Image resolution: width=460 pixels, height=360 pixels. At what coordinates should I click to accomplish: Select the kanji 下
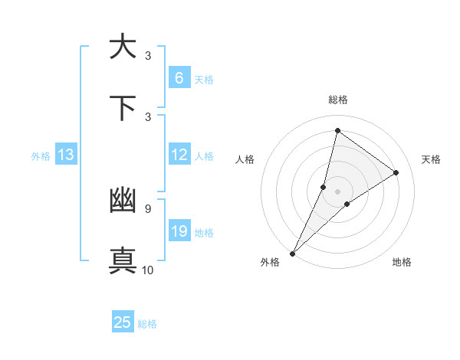coord(123,108)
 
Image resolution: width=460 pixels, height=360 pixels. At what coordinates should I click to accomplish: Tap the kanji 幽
coord(123,201)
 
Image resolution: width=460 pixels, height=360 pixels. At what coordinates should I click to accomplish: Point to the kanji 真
coord(123,260)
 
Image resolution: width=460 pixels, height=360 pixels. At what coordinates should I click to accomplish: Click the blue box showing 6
coord(179,77)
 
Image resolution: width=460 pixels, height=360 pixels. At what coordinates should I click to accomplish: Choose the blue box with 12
coord(179,155)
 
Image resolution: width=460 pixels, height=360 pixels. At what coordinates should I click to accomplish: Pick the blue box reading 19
coord(179,231)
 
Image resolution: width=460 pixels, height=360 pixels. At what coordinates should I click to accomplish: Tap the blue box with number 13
coord(66,155)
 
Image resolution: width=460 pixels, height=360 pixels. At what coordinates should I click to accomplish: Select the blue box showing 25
coord(123,322)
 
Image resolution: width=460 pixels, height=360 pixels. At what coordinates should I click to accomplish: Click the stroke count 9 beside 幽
coord(148,208)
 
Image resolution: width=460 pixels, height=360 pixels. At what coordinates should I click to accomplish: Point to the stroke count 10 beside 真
coord(148,270)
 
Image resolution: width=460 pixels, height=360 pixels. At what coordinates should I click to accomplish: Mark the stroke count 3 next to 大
coord(148,55)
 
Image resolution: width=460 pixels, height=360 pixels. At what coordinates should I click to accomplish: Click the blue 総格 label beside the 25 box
coord(147,324)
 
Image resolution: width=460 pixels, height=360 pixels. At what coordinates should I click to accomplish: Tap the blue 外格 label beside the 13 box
coord(41,156)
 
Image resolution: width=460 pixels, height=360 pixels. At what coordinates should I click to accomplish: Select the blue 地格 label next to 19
coord(204,233)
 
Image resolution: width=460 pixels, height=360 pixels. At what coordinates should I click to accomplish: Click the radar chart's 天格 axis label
coord(431,159)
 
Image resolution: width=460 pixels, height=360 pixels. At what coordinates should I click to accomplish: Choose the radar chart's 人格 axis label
coord(245,159)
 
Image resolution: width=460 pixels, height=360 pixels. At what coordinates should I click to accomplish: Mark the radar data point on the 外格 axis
coord(292,253)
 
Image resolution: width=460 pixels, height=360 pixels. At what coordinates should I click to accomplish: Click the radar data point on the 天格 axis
coord(396,172)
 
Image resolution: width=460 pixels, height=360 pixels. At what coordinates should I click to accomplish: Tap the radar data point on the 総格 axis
coord(337,130)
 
